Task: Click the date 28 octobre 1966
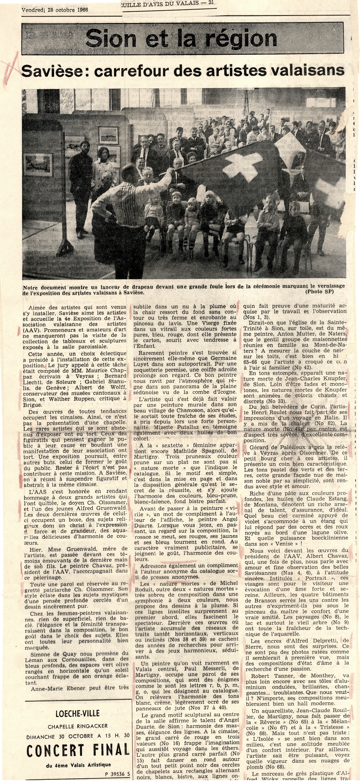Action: pos(68,10)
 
